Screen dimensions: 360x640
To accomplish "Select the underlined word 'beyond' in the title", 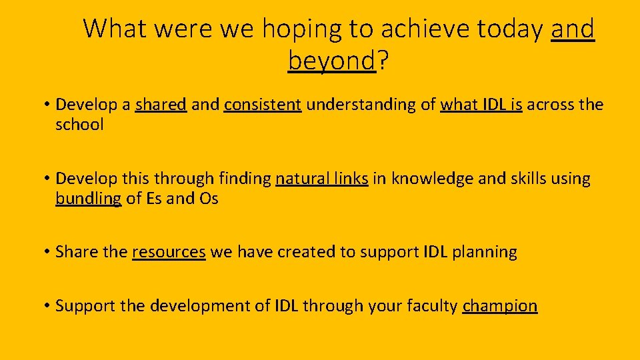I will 332,61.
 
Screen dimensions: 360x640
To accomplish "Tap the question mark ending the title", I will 383,61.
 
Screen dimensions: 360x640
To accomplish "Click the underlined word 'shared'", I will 161,105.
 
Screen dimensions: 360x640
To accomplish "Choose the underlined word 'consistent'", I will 263,105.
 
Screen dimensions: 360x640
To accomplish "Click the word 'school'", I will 79,125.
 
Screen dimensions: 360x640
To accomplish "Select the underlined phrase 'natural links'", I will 321,179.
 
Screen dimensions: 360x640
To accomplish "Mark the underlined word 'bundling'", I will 88,199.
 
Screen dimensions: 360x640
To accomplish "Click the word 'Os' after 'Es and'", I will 209,199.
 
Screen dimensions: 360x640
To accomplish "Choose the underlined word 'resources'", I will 169,252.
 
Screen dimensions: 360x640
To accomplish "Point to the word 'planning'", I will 485,253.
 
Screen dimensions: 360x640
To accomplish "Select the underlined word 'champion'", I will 499,306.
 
